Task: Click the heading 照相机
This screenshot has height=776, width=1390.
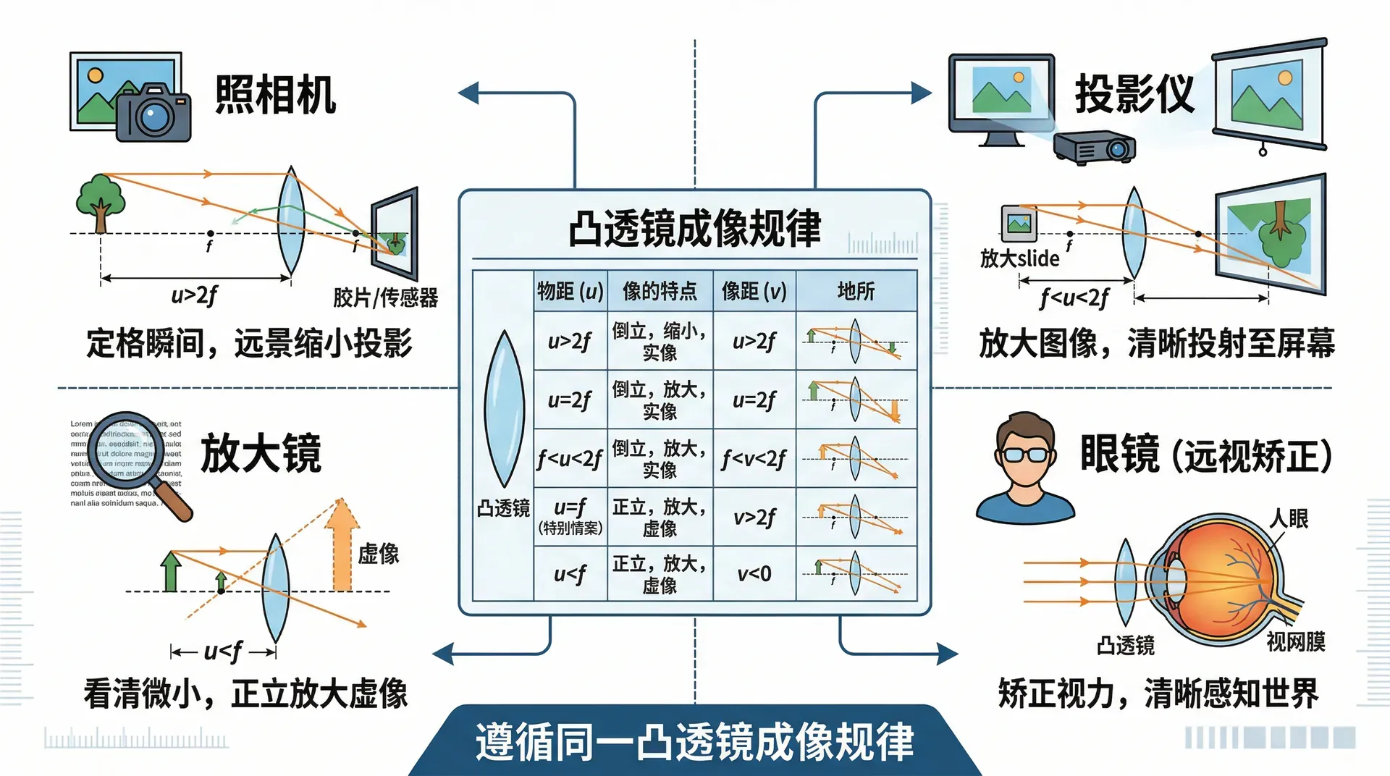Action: (275, 95)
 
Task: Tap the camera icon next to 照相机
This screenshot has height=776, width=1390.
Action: (153, 113)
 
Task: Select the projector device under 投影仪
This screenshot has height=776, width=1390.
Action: (1094, 148)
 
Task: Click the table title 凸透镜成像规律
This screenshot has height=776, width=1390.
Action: (694, 229)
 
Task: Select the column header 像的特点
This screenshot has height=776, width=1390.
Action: (660, 291)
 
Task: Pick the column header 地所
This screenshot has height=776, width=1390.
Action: (856, 291)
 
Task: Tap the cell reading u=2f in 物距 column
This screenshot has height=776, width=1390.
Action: (570, 400)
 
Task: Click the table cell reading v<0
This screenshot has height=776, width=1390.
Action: (754, 574)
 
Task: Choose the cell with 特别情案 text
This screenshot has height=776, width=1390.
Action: (570, 516)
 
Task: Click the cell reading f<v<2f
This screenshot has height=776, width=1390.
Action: (754, 458)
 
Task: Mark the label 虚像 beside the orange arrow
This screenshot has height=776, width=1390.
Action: (378, 554)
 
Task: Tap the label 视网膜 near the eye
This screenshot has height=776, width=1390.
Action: (1295, 641)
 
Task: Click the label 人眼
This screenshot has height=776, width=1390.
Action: (1289, 518)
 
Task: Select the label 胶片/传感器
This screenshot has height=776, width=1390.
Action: (385, 298)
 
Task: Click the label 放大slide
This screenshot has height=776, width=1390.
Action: (1019, 258)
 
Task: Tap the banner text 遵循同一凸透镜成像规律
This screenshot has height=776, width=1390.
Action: (694, 741)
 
